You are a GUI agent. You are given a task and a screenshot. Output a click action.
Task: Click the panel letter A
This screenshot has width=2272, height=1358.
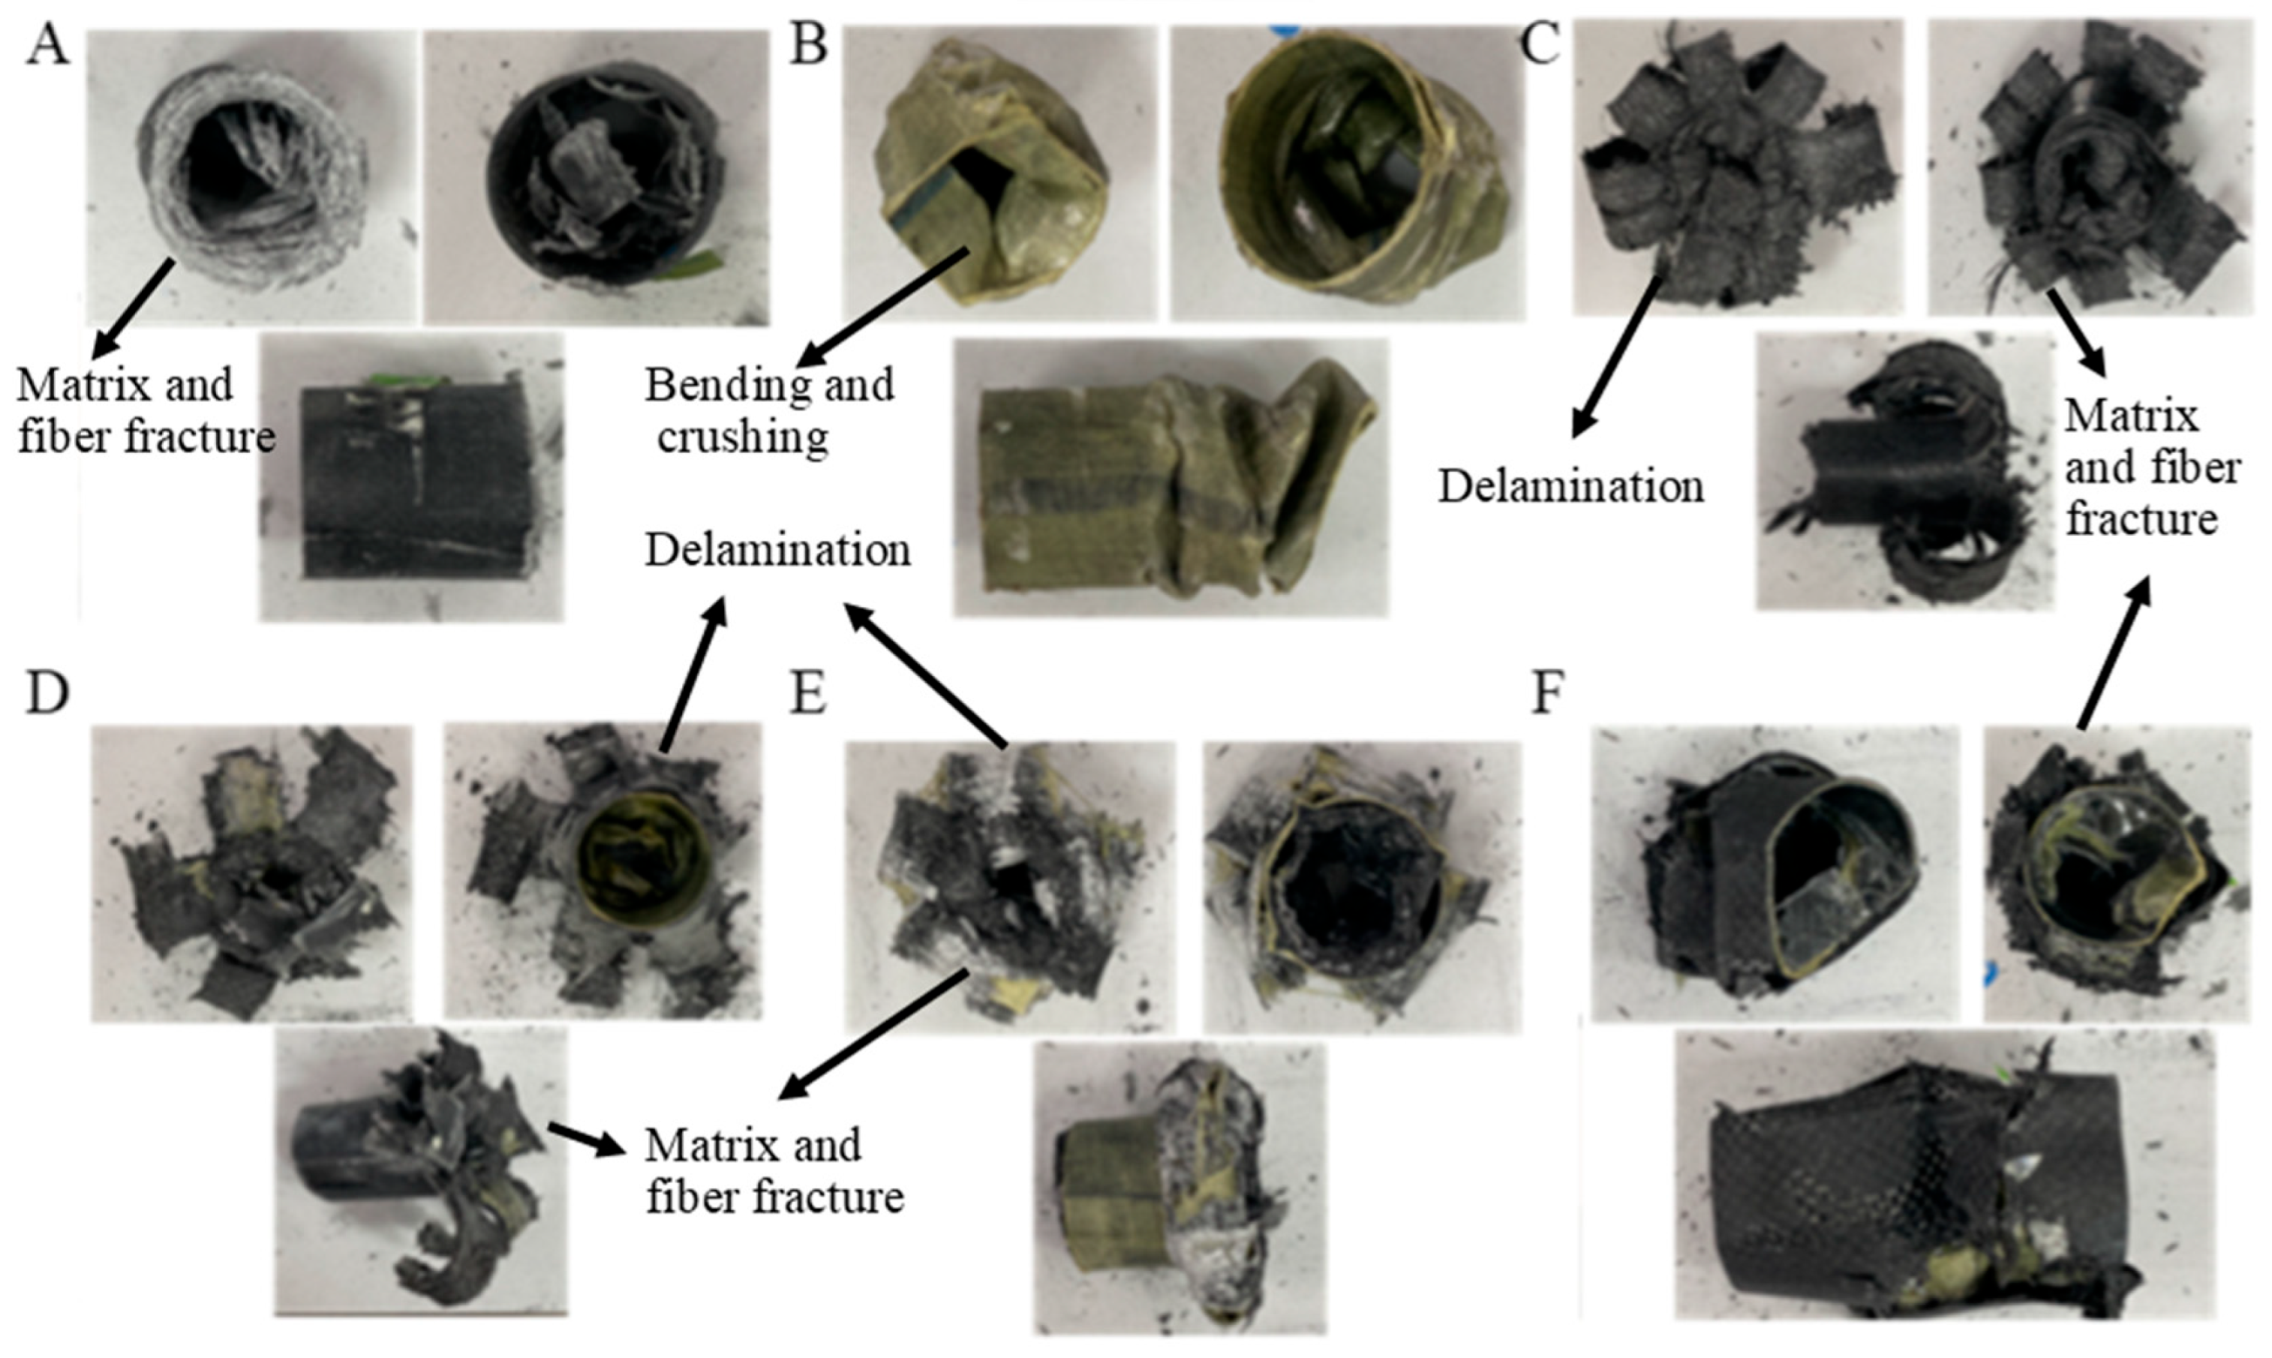click(47, 45)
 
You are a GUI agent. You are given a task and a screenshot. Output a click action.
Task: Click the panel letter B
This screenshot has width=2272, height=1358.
click(808, 45)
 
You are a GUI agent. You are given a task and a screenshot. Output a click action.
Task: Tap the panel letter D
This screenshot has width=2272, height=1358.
click(47, 694)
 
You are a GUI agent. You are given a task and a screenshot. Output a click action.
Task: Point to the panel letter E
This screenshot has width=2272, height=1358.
click(808, 694)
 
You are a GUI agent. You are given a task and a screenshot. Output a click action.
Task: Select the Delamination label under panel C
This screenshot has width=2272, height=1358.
click(1571, 486)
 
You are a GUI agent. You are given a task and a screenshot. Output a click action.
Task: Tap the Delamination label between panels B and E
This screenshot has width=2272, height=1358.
click(778, 551)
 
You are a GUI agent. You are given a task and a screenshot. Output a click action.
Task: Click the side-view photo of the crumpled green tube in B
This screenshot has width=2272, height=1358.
click(1171, 478)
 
